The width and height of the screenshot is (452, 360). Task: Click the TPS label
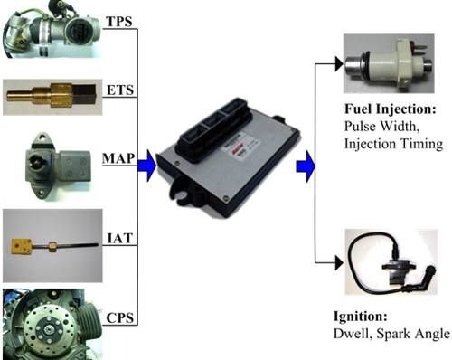119,22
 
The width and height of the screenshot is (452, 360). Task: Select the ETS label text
120,90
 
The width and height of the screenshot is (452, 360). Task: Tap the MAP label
118,158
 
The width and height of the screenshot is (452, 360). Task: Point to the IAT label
120,238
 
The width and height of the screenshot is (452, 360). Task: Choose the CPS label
120,318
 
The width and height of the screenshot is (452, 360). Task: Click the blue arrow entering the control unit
146,166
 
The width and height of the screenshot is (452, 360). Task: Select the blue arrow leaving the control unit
306,166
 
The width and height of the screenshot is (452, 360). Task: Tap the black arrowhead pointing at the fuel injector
339,64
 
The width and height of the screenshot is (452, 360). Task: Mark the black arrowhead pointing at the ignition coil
339,263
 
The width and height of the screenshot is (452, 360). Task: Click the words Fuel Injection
391,109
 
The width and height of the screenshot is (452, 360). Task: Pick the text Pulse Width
381,126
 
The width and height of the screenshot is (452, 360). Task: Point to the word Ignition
361,317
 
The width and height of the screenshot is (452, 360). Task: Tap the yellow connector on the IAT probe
22,246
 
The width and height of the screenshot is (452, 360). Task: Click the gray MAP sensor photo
58,166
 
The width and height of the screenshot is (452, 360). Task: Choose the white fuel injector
389,64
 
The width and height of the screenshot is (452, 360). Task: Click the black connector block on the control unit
216,129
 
